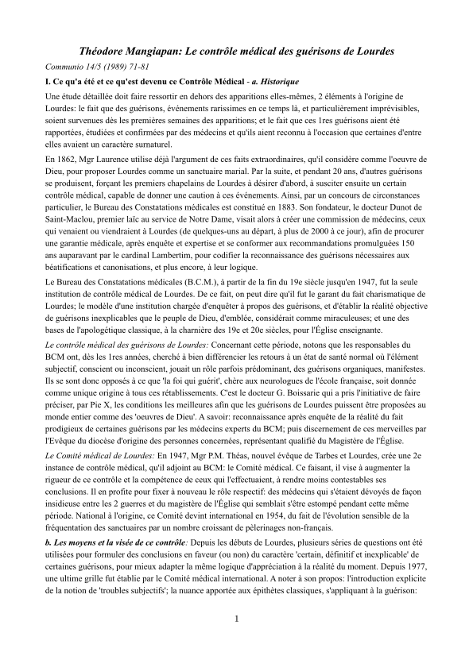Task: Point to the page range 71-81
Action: point(143,68)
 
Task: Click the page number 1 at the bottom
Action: point(236,640)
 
